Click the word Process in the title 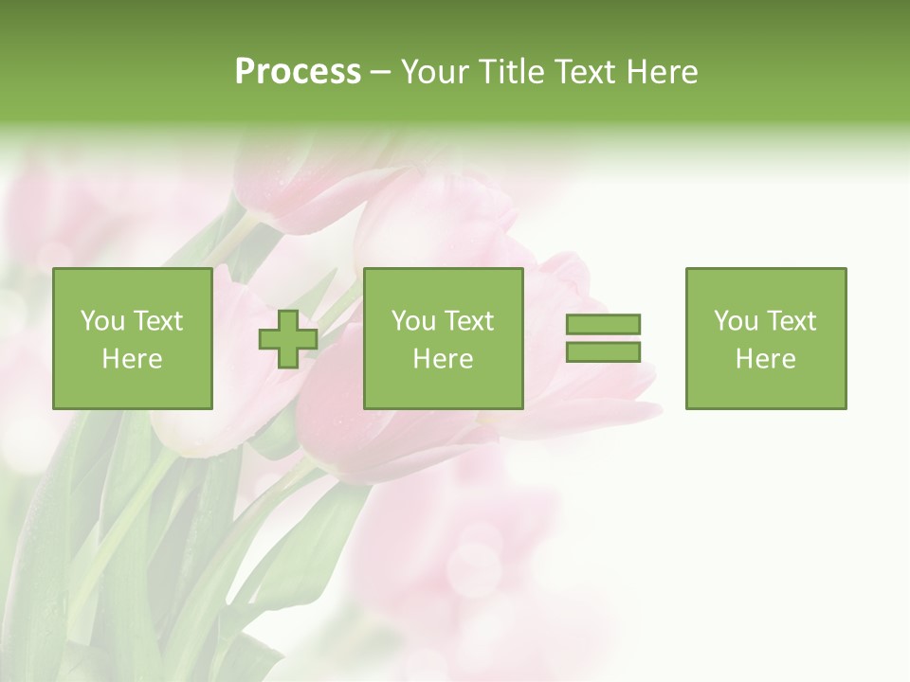click(x=298, y=72)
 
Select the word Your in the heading click(x=433, y=72)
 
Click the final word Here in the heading click(x=663, y=72)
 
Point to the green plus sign click(x=288, y=338)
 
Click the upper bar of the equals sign click(x=603, y=325)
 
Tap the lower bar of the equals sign click(x=603, y=351)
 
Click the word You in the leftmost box click(x=102, y=321)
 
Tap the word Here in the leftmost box click(x=133, y=359)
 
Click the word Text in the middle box click(x=468, y=321)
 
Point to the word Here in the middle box click(x=444, y=359)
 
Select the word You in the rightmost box click(x=736, y=321)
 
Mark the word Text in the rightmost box click(x=791, y=321)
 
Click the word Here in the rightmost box click(x=766, y=359)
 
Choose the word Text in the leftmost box click(x=157, y=321)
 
